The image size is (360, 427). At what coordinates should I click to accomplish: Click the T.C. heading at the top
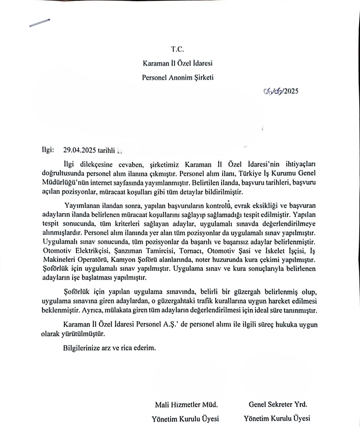[x=177, y=49]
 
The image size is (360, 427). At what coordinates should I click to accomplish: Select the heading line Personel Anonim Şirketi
[x=177, y=77]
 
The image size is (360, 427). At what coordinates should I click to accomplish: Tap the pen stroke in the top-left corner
[x=39, y=22]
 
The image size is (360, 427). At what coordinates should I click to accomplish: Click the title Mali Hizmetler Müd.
[x=186, y=405]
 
